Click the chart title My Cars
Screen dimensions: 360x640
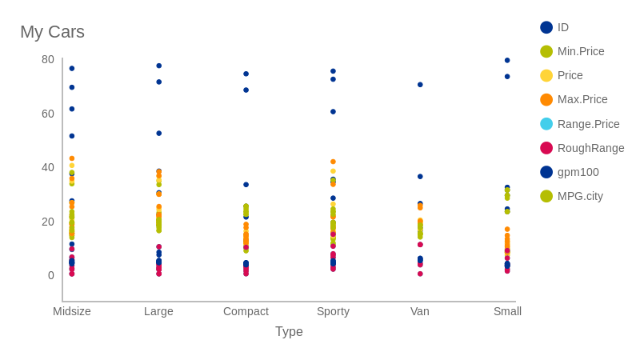pyautogui.click(x=52, y=32)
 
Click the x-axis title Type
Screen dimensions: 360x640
pyautogui.click(x=289, y=331)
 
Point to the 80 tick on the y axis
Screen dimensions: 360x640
pyautogui.click(x=48, y=59)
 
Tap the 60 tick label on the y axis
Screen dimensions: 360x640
pyautogui.click(x=48, y=114)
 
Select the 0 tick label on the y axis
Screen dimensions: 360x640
pyautogui.click(x=51, y=275)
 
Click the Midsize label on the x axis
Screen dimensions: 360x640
pyautogui.click(x=72, y=311)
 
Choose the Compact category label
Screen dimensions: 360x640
pyautogui.click(x=246, y=311)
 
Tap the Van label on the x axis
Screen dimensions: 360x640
pyautogui.click(x=420, y=311)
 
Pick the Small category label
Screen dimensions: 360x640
pyautogui.click(x=507, y=311)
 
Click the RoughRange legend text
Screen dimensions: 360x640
pyautogui.click(x=590, y=148)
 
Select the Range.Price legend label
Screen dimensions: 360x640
pyautogui.click(x=588, y=124)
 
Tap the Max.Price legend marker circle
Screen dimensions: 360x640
pyautogui.click(x=546, y=100)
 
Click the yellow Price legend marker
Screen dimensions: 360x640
pyautogui.click(x=546, y=75)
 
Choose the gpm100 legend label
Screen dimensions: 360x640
pyautogui.click(x=578, y=172)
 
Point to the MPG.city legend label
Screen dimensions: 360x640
pyautogui.click(x=580, y=196)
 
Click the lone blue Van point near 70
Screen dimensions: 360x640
pyautogui.click(x=420, y=85)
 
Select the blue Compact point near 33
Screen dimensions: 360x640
pyautogui.click(x=246, y=185)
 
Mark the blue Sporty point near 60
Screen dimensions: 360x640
pyautogui.click(x=333, y=112)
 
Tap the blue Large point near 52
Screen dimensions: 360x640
pyautogui.click(x=158, y=134)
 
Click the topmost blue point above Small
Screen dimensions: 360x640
pyautogui.click(x=507, y=60)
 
